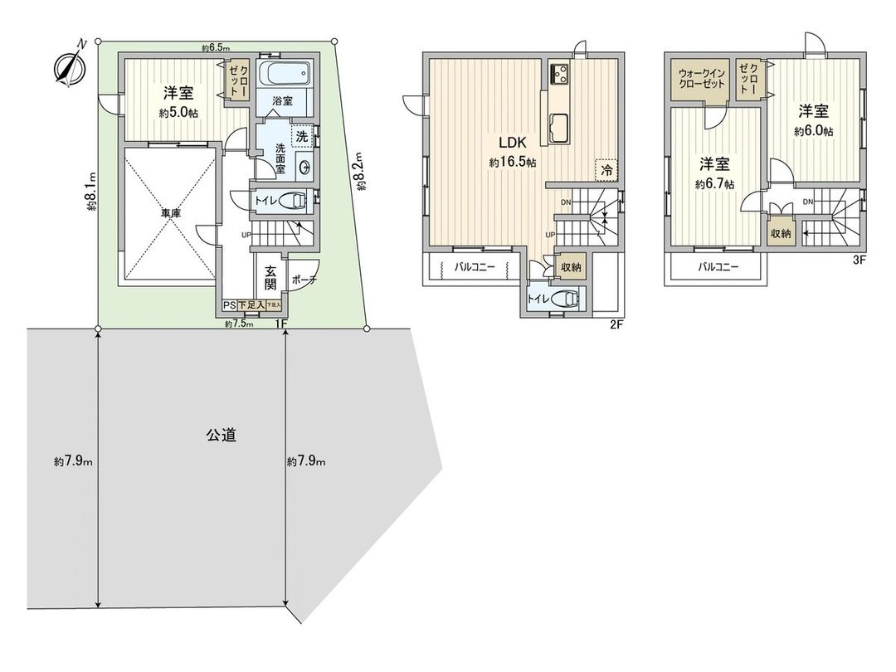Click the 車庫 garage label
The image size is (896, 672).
click(170, 213)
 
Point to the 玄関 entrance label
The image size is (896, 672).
click(270, 277)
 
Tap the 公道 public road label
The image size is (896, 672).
click(221, 434)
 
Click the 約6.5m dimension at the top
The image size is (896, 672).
click(216, 47)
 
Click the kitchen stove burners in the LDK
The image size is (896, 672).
click(557, 75)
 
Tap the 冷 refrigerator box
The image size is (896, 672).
click(607, 168)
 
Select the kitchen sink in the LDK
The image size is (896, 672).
click(557, 128)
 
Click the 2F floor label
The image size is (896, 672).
click(616, 324)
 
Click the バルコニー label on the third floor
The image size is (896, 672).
click(718, 267)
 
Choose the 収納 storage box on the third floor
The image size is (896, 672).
click(782, 233)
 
